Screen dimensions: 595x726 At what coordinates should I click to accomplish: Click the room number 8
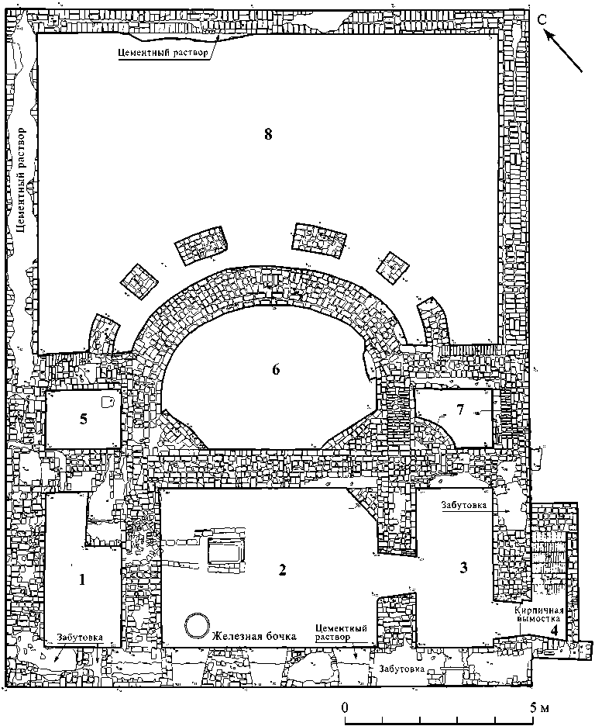pos(268,134)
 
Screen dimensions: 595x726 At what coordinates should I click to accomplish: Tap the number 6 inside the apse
pos(275,369)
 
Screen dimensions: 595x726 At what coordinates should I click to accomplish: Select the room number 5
pos(84,419)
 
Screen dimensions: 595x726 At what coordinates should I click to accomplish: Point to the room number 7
pos(460,409)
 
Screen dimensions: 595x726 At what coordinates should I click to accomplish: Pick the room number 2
pos(283,571)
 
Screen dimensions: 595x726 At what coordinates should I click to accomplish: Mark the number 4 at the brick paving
pos(555,630)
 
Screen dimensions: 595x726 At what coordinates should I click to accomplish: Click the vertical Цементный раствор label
pos(22,178)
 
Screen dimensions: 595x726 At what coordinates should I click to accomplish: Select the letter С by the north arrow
pos(545,21)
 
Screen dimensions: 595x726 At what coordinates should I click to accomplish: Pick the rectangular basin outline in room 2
pos(225,552)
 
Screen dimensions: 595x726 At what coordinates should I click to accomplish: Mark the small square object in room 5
pos(107,402)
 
